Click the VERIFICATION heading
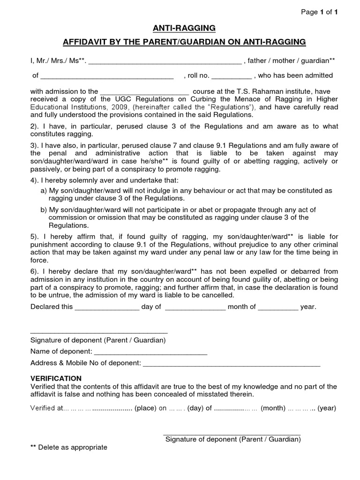point(56,378)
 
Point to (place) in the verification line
point(145,408)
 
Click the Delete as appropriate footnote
point(69,447)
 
